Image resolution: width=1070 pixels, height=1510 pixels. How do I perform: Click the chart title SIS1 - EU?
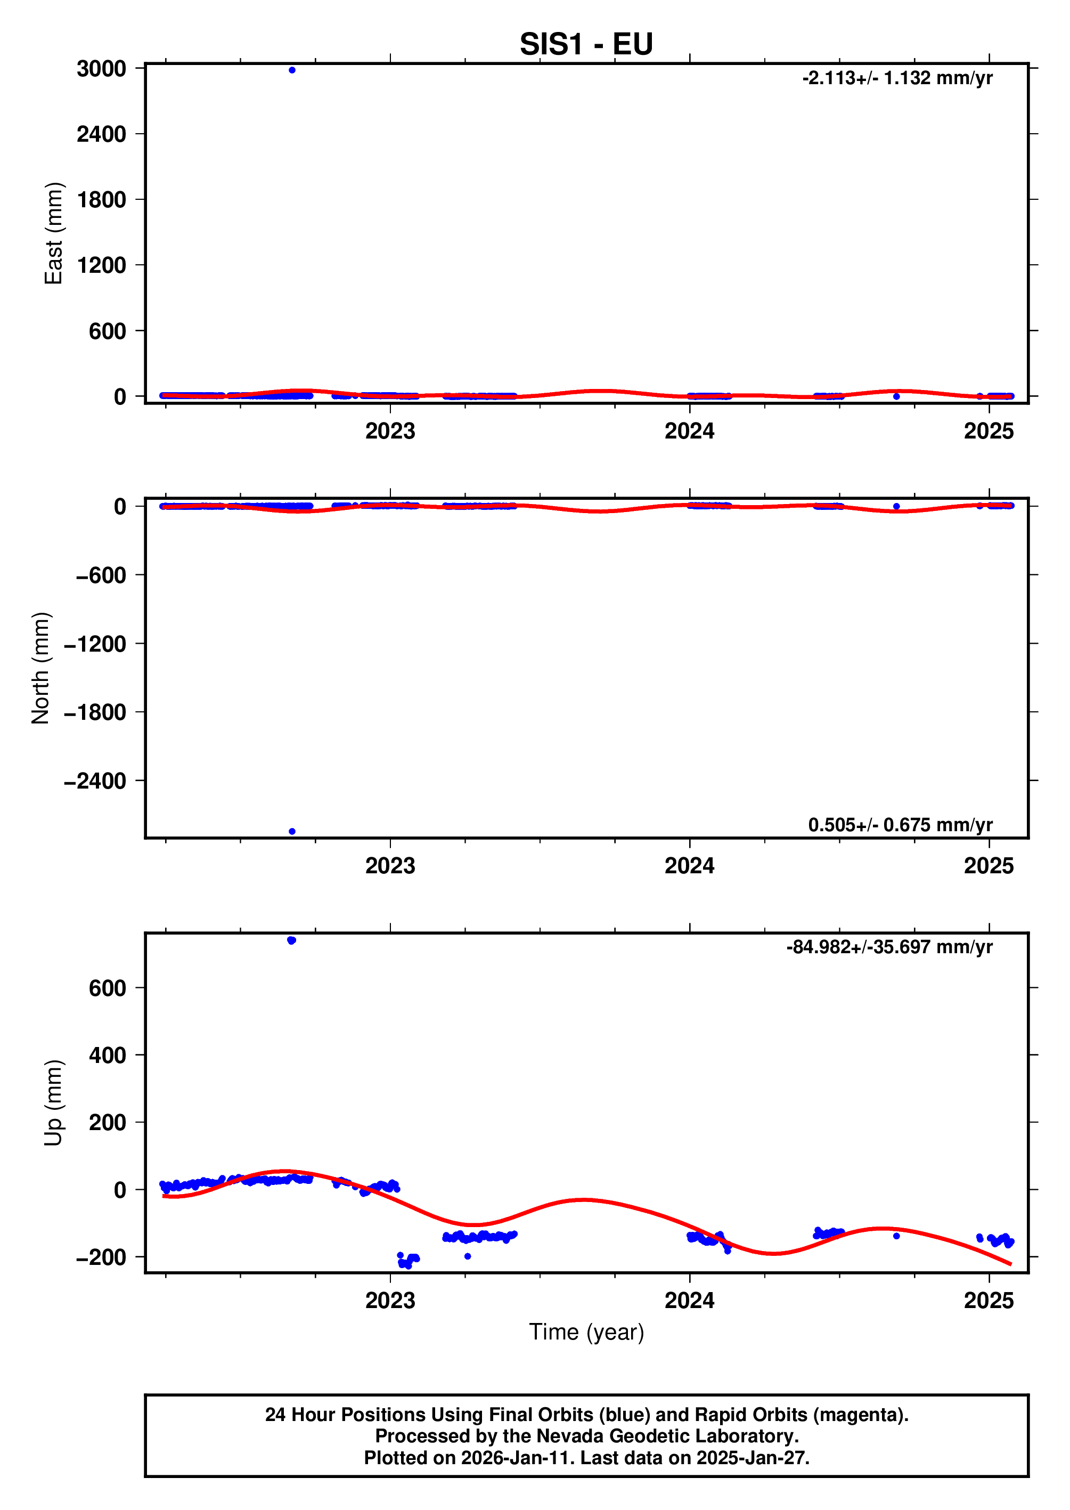(x=586, y=44)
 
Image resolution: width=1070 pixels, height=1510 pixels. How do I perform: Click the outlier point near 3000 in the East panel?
(x=292, y=70)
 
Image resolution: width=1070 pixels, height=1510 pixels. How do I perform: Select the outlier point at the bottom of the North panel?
(x=292, y=831)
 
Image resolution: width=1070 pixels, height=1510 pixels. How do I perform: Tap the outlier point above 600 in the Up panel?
(x=292, y=940)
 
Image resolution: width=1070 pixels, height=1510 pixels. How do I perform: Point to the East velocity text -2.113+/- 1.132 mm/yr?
(x=897, y=78)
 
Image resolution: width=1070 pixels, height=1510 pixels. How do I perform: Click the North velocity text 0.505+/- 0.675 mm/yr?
(x=900, y=825)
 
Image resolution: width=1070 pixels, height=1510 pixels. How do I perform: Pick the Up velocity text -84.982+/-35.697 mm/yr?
(x=889, y=947)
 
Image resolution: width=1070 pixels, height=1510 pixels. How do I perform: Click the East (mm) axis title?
(x=53, y=233)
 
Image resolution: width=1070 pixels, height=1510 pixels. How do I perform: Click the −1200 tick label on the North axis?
(x=95, y=644)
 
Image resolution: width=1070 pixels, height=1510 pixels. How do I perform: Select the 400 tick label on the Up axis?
(x=108, y=1055)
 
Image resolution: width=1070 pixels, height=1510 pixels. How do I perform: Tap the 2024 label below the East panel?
(x=689, y=431)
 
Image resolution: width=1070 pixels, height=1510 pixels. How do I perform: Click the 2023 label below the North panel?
(x=390, y=865)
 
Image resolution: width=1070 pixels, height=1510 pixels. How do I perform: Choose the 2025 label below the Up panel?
(x=989, y=1301)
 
